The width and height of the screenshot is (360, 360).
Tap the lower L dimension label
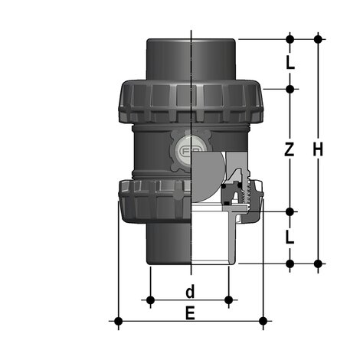(290, 237)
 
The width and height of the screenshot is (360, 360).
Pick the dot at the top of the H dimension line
(317, 38)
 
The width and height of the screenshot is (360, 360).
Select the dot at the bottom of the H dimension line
(317, 263)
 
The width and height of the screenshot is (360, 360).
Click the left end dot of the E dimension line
(118, 320)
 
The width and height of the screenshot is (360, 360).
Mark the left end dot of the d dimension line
(151, 298)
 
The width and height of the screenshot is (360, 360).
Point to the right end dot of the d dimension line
(229, 298)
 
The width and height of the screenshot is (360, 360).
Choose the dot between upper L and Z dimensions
(290, 89)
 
